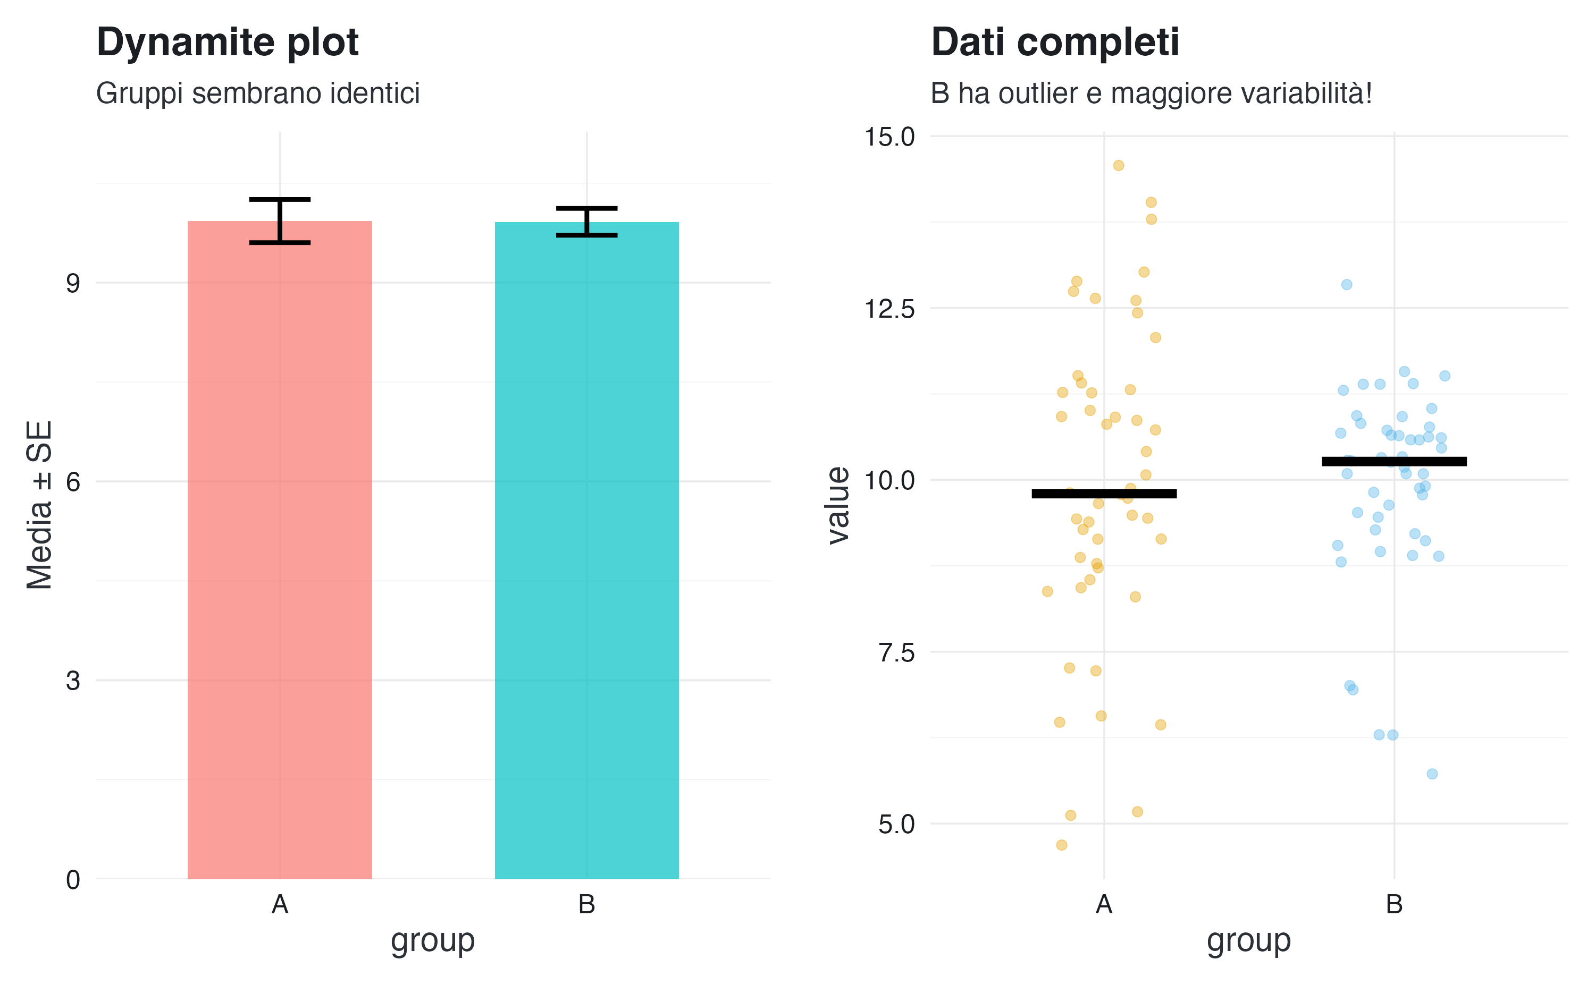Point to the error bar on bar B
[x=586, y=222]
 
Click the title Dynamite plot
[x=228, y=43]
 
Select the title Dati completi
[x=1055, y=43]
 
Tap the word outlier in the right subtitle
[x=1038, y=94]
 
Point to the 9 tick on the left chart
[x=73, y=283]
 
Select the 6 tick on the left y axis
[x=73, y=481]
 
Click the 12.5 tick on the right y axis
[x=889, y=308]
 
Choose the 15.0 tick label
[x=889, y=137]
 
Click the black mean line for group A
[x=1104, y=494]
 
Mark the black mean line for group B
[x=1394, y=461]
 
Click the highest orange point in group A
[x=1119, y=165]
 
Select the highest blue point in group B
[x=1347, y=285]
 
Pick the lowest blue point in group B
[x=1432, y=774]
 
